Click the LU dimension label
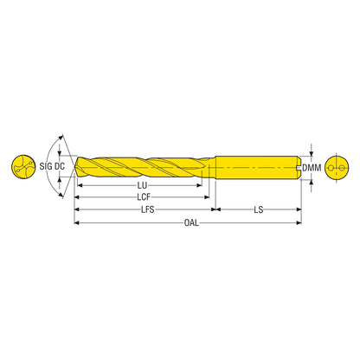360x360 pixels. pos(142,185)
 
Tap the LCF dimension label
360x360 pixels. pos(144,197)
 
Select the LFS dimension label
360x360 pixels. pos(148,209)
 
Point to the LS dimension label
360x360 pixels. pos(259,209)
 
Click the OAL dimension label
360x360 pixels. pos(191,222)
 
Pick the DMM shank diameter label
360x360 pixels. pos(312,168)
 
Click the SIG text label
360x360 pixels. pos(46,166)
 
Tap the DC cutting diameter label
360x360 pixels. pos(60,166)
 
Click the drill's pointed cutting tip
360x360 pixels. pos(75,167)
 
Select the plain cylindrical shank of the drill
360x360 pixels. pos(258,167)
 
